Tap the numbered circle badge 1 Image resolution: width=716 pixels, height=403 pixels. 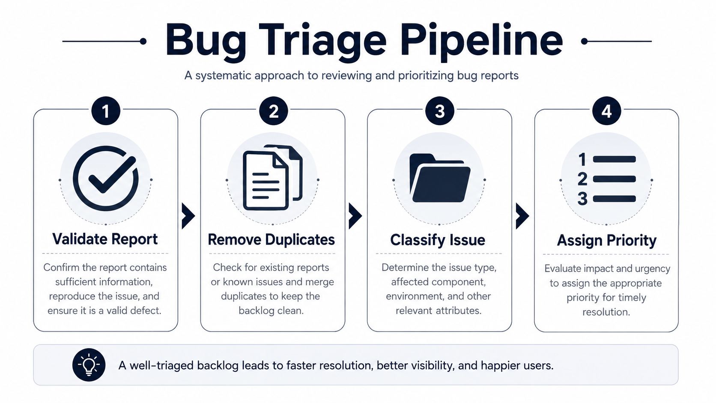click(106, 111)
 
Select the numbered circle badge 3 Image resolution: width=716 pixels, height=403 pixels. click(440, 111)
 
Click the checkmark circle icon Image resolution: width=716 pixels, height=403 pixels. click(105, 178)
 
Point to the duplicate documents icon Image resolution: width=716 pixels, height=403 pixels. click(273, 178)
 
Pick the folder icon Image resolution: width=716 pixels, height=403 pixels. click(440, 178)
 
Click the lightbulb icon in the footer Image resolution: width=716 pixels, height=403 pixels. click(89, 364)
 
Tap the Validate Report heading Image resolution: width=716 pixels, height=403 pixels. click(105, 239)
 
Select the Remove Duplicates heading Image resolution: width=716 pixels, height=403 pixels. click(271, 239)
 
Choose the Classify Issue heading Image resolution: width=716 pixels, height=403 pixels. click(438, 240)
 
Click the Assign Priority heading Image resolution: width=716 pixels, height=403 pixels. click(607, 240)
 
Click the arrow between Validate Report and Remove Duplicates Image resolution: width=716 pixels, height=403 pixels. click(188, 216)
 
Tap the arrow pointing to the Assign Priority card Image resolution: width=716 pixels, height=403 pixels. click(522, 216)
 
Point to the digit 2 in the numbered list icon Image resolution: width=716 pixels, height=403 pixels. click(582, 179)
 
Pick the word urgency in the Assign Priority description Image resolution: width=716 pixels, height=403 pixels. click(652, 269)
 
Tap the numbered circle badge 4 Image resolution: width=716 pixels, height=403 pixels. click(607, 111)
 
